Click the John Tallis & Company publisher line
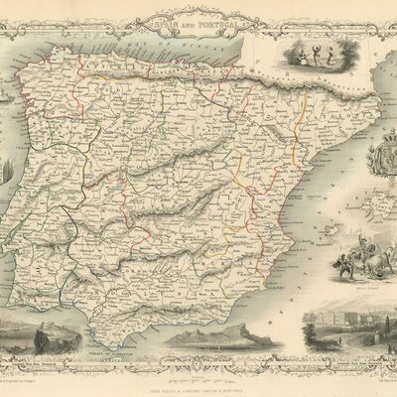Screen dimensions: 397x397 coord(198,385)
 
